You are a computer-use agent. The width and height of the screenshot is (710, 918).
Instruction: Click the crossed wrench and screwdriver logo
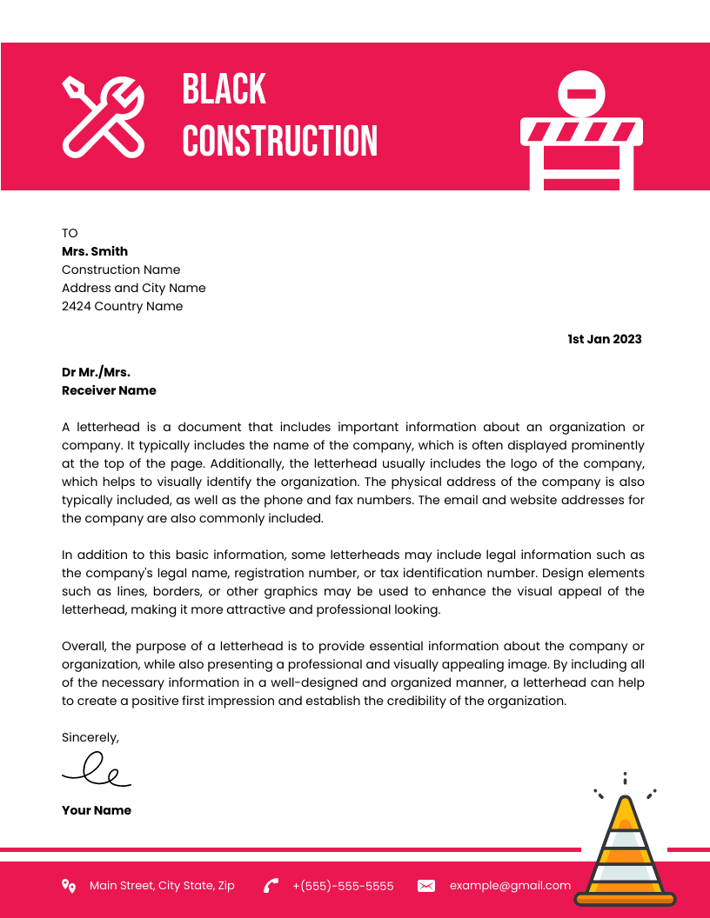coord(104,116)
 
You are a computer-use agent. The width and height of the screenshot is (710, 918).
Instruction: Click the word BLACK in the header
coord(224,90)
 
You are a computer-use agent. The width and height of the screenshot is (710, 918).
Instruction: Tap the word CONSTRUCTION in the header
coord(279,141)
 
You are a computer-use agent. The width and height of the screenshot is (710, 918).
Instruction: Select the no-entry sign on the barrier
coord(580,94)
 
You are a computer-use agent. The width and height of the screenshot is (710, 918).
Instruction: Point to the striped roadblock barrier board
coord(580,132)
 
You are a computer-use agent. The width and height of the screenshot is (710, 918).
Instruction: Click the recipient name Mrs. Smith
coord(94,251)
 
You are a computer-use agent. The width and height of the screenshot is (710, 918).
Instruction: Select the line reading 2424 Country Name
coord(122,306)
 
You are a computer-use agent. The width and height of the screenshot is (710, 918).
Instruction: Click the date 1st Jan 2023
coord(604,339)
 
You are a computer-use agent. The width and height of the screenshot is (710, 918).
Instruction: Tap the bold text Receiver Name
coord(109,390)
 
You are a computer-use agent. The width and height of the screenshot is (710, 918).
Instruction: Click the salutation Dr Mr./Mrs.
coord(96,372)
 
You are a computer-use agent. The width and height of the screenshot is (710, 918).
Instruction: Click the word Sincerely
coord(90,737)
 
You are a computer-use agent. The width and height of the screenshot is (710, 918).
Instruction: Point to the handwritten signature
coord(96,770)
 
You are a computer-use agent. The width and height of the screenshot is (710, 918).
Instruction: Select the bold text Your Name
coord(96,810)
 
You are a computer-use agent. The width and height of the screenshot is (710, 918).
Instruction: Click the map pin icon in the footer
coord(69,886)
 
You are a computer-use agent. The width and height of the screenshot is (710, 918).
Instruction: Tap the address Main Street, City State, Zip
coord(162,886)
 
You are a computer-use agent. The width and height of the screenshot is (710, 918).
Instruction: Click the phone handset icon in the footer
coord(271,886)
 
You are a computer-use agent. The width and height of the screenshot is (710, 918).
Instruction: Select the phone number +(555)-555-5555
coord(343,886)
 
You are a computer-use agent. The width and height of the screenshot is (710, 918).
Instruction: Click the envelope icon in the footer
coord(426,886)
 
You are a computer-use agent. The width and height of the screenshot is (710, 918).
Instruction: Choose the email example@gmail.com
coord(510,886)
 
